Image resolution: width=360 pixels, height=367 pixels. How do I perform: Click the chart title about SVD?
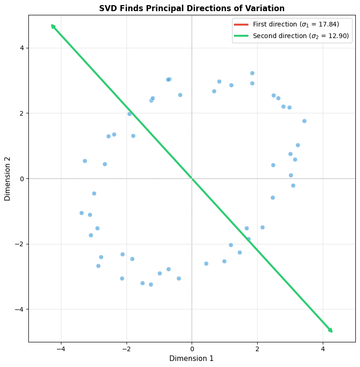coord(192,8)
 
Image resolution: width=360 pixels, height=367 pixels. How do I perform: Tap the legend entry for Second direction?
coord(300,36)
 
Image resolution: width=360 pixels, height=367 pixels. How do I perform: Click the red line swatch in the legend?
coord(242,24)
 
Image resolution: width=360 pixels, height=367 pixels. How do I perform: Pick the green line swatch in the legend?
coord(242,36)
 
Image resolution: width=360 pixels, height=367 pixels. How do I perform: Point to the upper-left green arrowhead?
coord(53,26)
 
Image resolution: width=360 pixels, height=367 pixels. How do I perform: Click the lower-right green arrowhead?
coord(331,331)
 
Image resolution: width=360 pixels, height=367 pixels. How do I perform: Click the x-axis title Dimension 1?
coord(192,358)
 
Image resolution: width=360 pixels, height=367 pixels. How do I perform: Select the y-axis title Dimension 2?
coord(7,178)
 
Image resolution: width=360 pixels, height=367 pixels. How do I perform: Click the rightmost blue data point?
coord(304,121)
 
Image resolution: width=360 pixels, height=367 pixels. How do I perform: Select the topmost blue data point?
coord(252,73)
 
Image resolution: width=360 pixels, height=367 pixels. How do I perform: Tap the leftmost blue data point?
coord(81,213)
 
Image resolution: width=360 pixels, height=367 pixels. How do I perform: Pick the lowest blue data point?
coord(151,284)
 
